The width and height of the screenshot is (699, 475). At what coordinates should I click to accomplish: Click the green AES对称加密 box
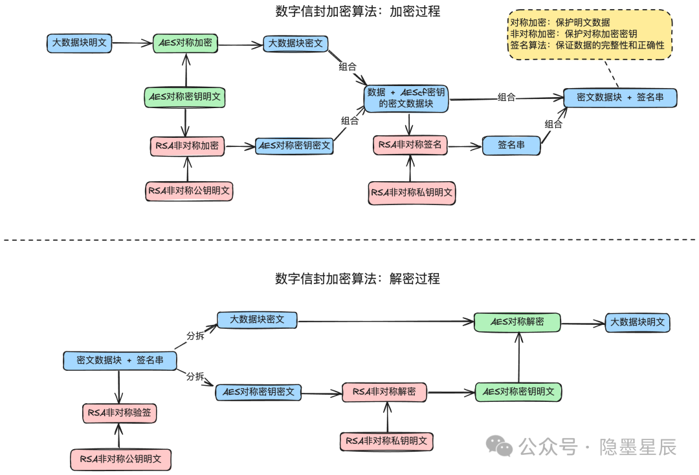point(185,43)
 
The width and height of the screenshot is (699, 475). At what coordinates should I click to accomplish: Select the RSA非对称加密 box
point(187,146)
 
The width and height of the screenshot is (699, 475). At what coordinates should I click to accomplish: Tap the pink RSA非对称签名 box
point(410,145)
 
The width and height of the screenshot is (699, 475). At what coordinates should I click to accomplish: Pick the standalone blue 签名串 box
point(511,146)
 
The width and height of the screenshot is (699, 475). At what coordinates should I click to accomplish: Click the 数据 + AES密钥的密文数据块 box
point(406,98)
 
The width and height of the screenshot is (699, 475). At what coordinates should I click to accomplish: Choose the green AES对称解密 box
point(517,322)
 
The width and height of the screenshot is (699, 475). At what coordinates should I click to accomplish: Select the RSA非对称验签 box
point(120,412)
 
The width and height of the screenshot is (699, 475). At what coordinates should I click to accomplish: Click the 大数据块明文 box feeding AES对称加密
point(79,43)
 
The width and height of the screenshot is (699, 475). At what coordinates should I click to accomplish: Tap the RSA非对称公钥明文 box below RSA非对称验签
point(120,459)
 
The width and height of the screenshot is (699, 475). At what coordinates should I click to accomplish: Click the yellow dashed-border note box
point(590,35)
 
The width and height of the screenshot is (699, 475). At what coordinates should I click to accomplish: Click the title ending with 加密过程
point(357,11)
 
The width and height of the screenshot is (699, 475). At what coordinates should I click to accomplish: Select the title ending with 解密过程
point(357,279)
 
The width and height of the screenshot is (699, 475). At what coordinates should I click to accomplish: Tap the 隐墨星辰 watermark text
point(638,447)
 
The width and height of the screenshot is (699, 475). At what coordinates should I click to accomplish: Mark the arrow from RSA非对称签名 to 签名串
point(465,146)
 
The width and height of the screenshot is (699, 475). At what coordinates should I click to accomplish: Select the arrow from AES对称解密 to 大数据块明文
point(582,323)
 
